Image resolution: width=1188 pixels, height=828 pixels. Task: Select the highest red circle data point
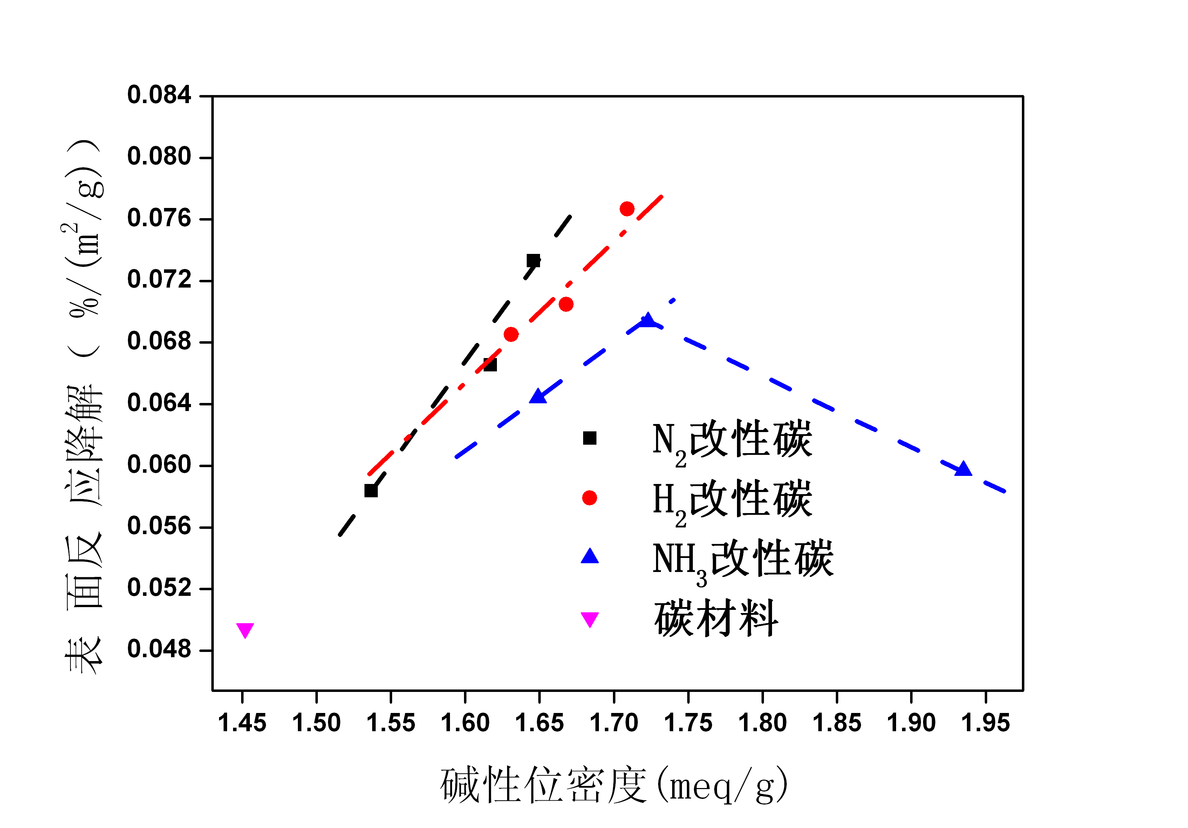[627, 209]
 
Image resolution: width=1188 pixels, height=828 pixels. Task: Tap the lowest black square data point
[370, 490]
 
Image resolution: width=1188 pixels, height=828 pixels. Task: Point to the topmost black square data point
[533, 261]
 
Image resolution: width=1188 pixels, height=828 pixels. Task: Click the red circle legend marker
[589, 498]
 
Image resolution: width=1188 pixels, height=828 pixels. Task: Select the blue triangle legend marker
[589, 557]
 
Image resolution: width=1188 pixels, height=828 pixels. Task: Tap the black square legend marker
[589, 438]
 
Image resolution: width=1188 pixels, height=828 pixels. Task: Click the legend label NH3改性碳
[743, 559]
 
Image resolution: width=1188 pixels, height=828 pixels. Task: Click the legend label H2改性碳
[732, 500]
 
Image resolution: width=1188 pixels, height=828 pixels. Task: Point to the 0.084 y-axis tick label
[159, 95]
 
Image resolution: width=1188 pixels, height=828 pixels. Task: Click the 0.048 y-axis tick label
[159, 649]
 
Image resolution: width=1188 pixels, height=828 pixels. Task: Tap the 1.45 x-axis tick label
[242, 723]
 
